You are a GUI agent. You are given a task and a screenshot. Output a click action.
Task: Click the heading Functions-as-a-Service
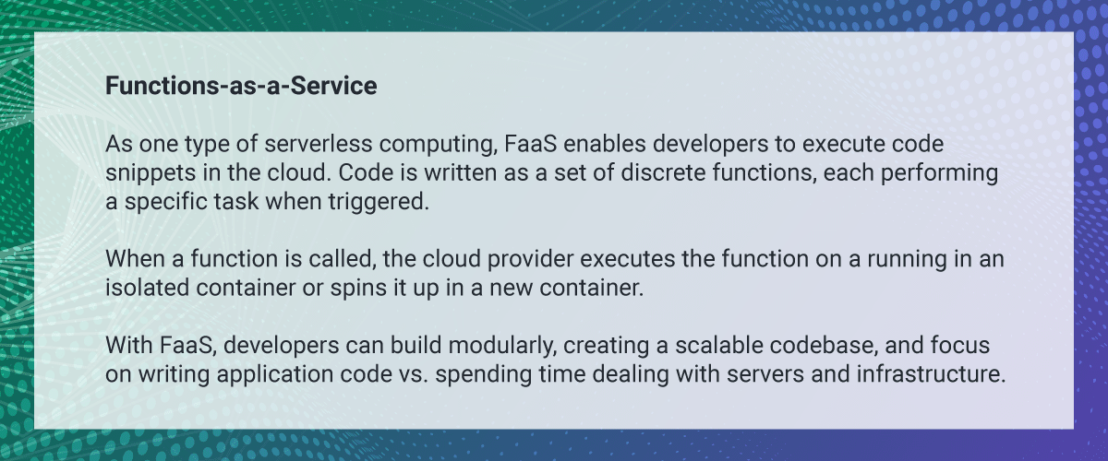241,86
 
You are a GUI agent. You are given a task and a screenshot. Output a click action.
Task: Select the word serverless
318,144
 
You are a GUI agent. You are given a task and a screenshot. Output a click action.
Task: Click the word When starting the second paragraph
135,259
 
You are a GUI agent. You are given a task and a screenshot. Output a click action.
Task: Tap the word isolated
147,288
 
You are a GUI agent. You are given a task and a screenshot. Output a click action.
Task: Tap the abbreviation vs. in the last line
414,375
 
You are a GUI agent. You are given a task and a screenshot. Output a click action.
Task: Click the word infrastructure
932,374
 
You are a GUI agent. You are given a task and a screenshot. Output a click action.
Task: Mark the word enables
605,144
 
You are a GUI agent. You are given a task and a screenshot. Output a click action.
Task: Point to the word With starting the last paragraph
128,345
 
